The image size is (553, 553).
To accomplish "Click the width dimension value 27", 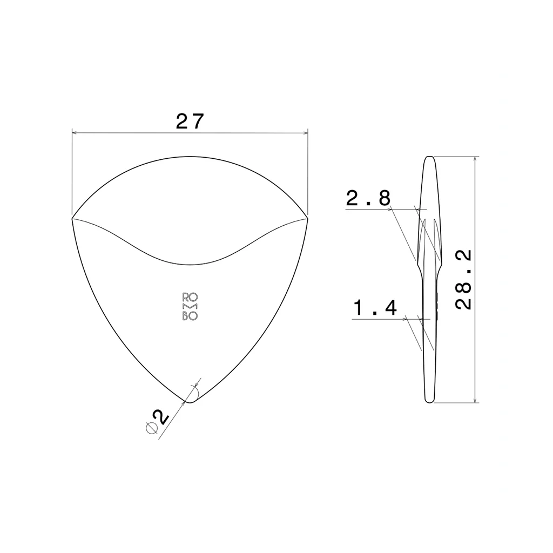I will tap(190, 122).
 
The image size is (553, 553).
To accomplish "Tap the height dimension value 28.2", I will tap(464, 279).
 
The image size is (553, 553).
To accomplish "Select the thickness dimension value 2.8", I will tap(368, 199).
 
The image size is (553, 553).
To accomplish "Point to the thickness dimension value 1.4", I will tap(375, 308).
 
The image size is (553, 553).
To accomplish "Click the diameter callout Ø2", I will tap(157, 421).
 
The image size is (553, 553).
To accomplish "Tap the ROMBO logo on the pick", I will tap(190, 307).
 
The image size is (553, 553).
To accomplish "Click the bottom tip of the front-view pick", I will tap(189, 402).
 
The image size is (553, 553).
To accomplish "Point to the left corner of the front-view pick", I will tap(72, 218).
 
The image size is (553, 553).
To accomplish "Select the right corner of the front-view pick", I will tap(307, 218).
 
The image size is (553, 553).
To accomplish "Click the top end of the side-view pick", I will tap(429, 157).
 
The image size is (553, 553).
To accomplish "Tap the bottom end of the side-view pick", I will tap(429, 402).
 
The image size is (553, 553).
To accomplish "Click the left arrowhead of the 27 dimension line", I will tap(75, 132).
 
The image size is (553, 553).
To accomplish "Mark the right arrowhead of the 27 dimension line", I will tap(305, 132).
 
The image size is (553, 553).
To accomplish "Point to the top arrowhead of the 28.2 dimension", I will tap(475, 159).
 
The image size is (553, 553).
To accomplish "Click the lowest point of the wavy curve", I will tap(190, 265).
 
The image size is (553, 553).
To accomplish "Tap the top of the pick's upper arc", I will tap(190, 157).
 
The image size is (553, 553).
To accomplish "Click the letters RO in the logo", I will tap(190, 297).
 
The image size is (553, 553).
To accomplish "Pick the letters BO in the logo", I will tap(190, 316).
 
